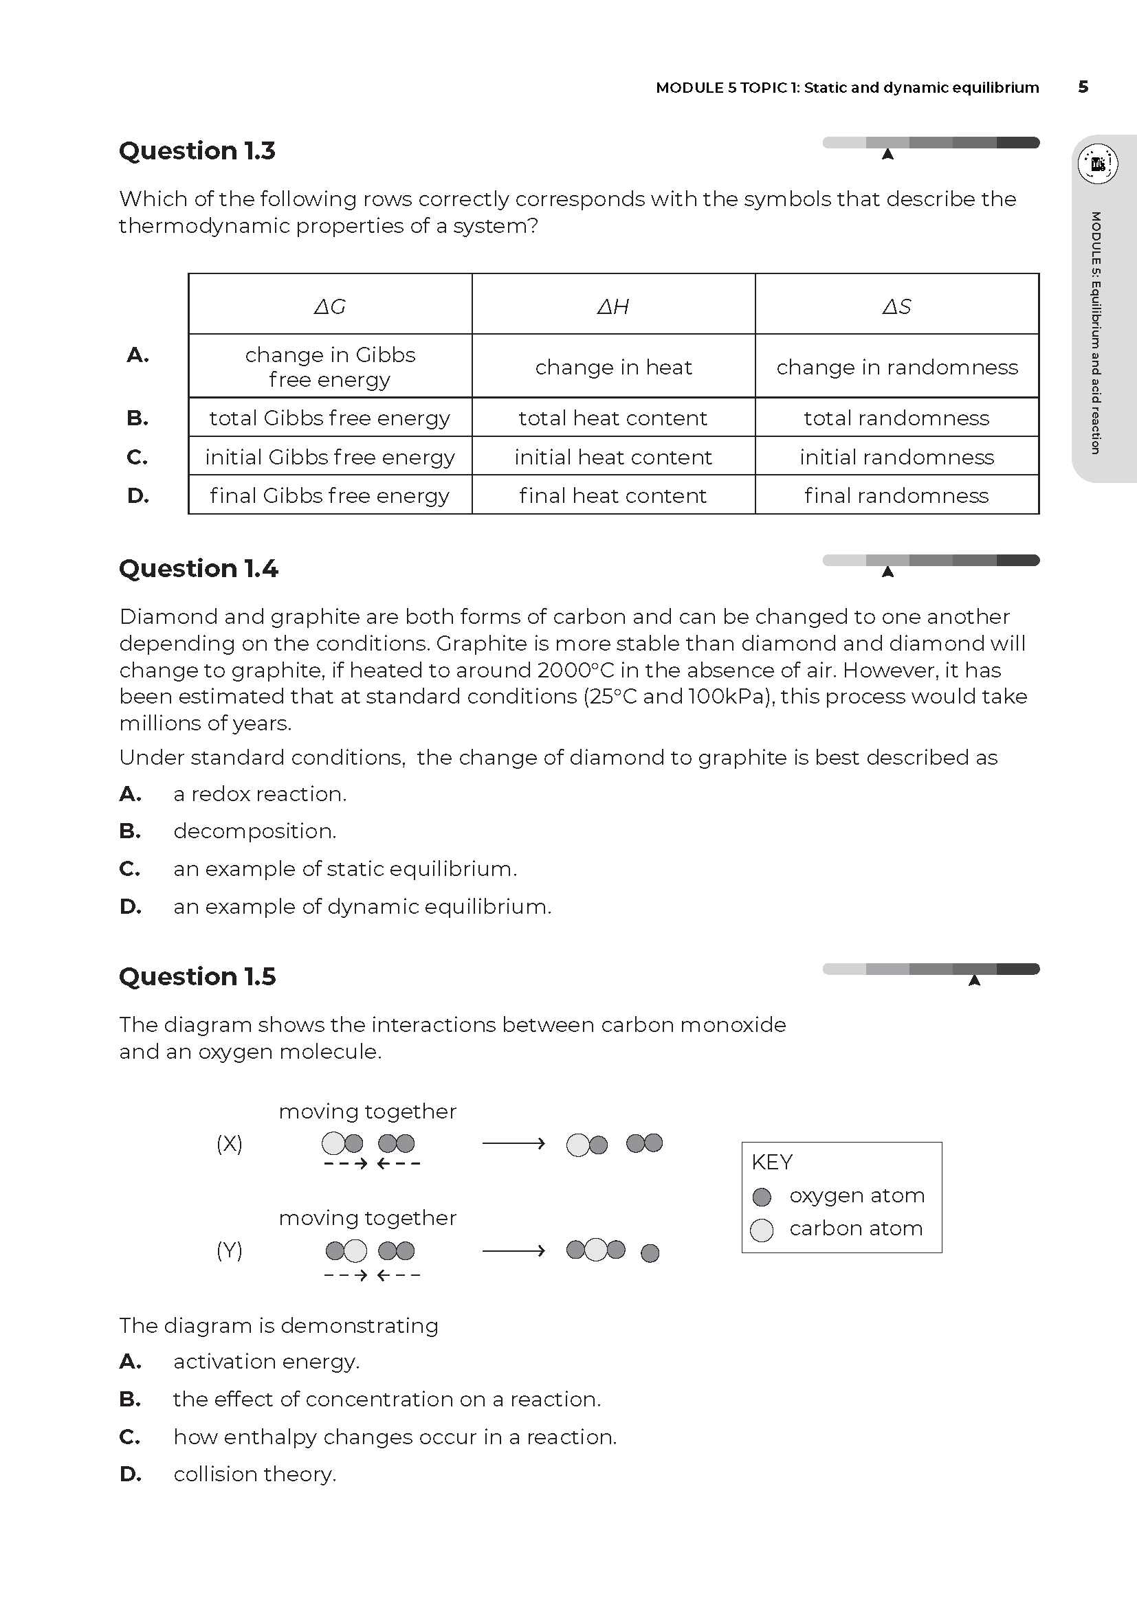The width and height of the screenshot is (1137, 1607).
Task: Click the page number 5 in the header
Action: tap(1083, 87)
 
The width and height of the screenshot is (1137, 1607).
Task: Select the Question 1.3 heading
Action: tap(197, 150)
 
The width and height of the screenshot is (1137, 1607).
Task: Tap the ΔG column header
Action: tap(330, 306)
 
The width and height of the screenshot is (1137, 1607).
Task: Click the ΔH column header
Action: tap(613, 306)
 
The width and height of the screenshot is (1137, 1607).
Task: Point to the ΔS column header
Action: tap(897, 306)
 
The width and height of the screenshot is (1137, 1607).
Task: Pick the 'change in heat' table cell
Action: tap(613, 367)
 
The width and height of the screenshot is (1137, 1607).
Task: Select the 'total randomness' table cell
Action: tap(897, 418)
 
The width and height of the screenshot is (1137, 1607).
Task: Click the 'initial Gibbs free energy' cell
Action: tap(330, 457)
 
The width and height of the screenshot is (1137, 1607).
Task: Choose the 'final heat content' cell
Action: tap(613, 495)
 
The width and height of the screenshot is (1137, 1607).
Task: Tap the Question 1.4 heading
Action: tap(198, 568)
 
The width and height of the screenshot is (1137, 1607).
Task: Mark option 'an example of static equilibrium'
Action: tap(344, 868)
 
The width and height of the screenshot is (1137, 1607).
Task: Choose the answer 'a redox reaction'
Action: tap(260, 794)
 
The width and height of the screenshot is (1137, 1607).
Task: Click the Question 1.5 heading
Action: tap(197, 976)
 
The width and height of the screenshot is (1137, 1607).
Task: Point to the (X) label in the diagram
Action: tap(230, 1143)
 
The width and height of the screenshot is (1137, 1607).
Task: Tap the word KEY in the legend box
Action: tap(771, 1162)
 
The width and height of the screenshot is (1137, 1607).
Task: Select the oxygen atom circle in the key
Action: tap(762, 1197)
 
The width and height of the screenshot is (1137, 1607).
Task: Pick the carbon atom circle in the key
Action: tap(762, 1230)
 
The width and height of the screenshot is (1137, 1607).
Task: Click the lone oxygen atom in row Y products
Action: tap(650, 1253)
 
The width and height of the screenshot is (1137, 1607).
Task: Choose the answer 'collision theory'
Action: tap(255, 1474)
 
